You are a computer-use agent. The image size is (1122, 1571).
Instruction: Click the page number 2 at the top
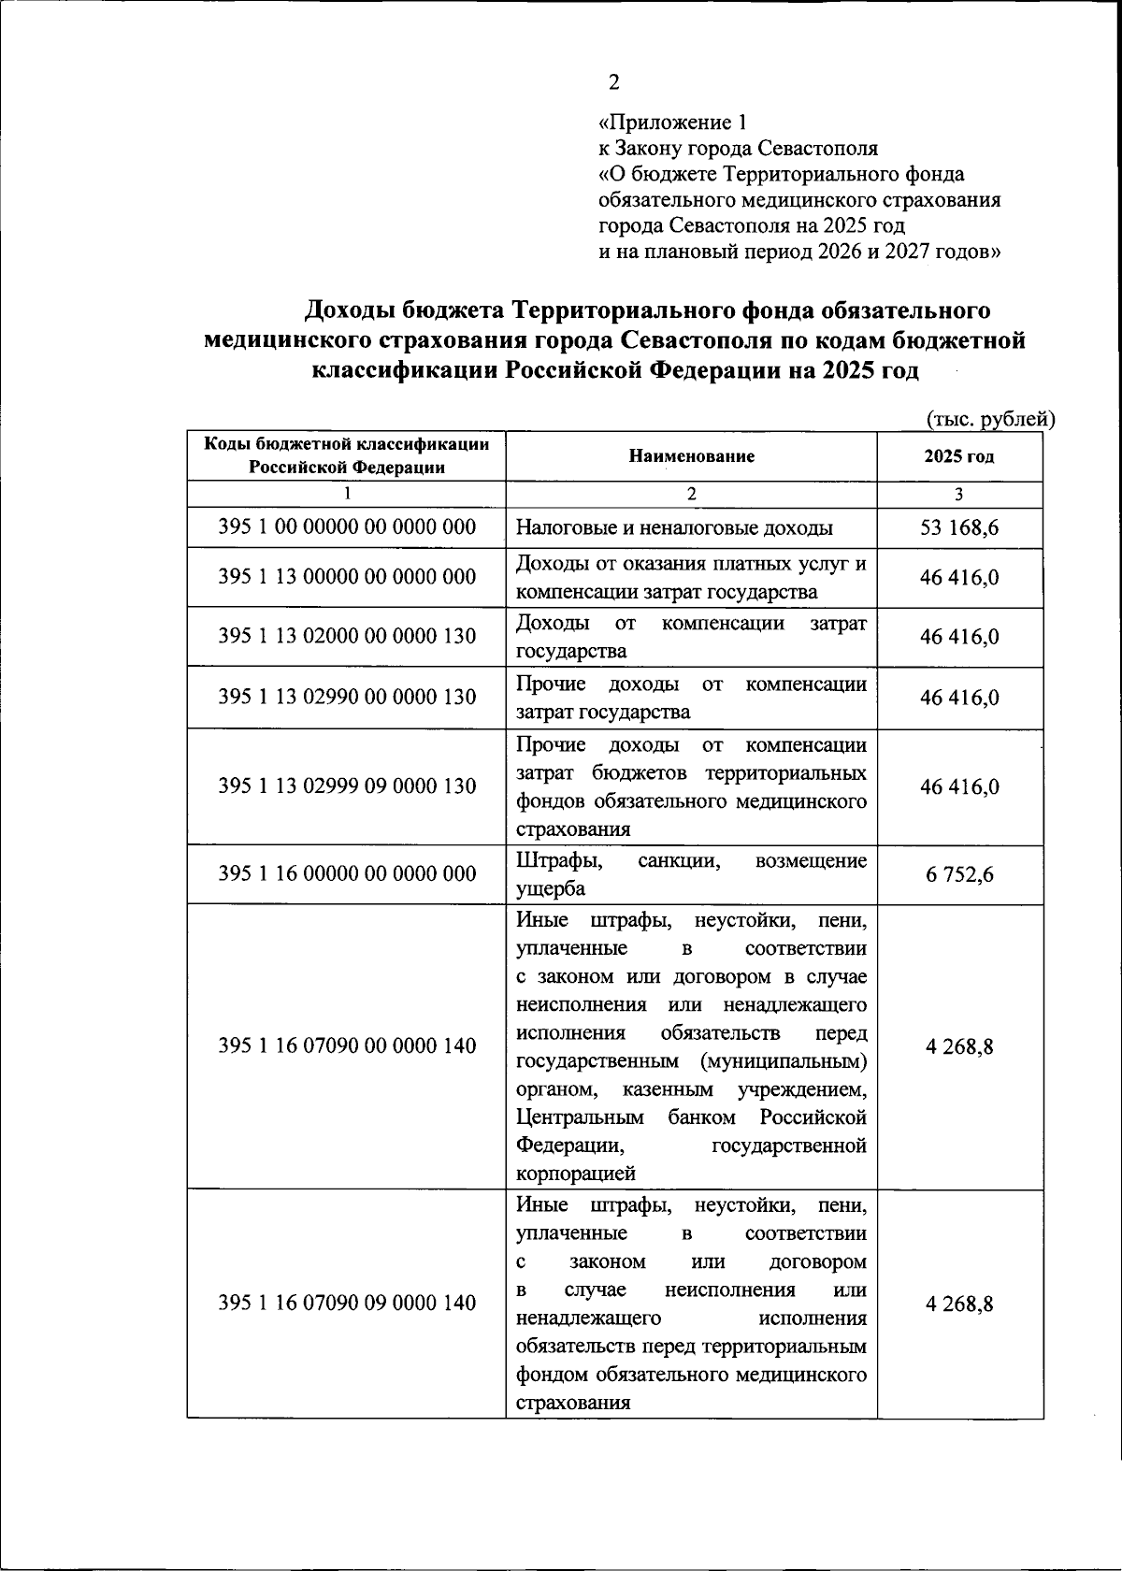coord(613,82)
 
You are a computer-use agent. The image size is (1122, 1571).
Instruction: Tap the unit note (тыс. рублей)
coord(989,420)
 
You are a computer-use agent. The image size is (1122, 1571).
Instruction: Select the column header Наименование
coord(691,456)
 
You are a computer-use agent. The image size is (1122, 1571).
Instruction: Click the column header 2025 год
coord(958,456)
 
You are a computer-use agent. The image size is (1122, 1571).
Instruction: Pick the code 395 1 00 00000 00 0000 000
coord(347,527)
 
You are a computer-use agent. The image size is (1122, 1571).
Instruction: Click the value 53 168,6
coord(959,528)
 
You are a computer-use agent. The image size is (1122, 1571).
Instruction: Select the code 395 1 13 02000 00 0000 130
coord(347,637)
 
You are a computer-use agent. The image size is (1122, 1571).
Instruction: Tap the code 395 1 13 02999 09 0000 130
coord(347,786)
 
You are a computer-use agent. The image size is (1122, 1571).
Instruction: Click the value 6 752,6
coord(959,875)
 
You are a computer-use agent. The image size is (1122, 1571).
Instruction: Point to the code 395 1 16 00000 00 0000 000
coord(347,874)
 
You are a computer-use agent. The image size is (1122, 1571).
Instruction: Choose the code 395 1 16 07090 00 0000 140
coord(347,1046)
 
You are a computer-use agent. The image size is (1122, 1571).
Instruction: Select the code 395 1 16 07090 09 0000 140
coord(347,1304)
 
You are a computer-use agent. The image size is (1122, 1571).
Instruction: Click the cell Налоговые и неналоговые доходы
coord(674,528)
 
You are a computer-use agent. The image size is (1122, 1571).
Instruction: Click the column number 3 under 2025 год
coord(958,495)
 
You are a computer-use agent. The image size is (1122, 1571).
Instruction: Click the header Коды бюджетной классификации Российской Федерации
coord(347,455)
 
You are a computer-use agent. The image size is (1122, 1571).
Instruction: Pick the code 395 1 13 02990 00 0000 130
coord(347,698)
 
